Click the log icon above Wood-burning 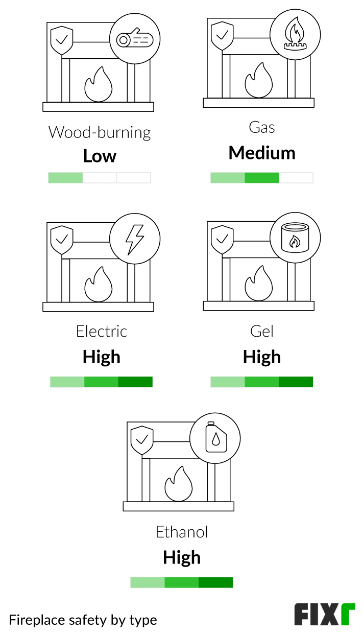pyautogui.click(x=135, y=39)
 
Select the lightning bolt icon pyautogui.click(x=135, y=239)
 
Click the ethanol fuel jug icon pyautogui.click(x=215, y=438)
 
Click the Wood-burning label pyautogui.click(x=100, y=132)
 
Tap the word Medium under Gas pyautogui.click(x=262, y=153)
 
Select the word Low pyautogui.click(x=100, y=156)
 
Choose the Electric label pyautogui.click(x=101, y=331)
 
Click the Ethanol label pyautogui.click(x=182, y=532)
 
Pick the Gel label pyautogui.click(x=262, y=331)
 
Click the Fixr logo pyautogui.click(x=324, y=615)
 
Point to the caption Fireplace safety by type pyautogui.click(x=83, y=620)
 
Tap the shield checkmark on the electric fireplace pyautogui.click(x=62, y=238)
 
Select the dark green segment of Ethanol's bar pyautogui.click(x=215, y=582)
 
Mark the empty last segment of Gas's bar pyautogui.click(x=296, y=178)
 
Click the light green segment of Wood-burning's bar pyautogui.click(x=65, y=178)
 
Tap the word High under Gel pyautogui.click(x=262, y=357)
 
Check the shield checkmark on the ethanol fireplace pyautogui.click(x=142, y=439)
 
